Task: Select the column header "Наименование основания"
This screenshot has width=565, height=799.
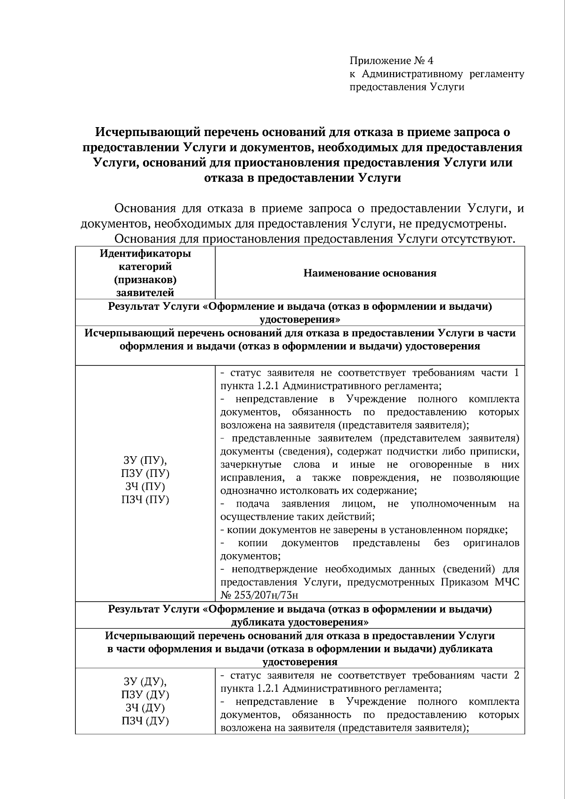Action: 370,273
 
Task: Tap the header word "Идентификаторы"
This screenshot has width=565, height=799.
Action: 145,254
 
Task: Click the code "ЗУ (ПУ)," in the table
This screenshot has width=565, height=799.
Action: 145,460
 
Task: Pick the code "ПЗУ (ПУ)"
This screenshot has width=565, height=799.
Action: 145,473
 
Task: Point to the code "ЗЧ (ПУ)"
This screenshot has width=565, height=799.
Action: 145,486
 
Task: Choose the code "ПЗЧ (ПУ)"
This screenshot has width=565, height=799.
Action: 145,500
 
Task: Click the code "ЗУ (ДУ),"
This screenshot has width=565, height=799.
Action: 145,681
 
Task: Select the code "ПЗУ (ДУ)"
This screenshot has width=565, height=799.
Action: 145,694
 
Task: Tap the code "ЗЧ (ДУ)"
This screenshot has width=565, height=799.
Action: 145,708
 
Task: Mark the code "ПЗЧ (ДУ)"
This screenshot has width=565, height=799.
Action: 145,721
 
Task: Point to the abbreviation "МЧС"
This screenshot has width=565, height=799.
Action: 507,582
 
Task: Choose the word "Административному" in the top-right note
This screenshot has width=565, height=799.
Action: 408,74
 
